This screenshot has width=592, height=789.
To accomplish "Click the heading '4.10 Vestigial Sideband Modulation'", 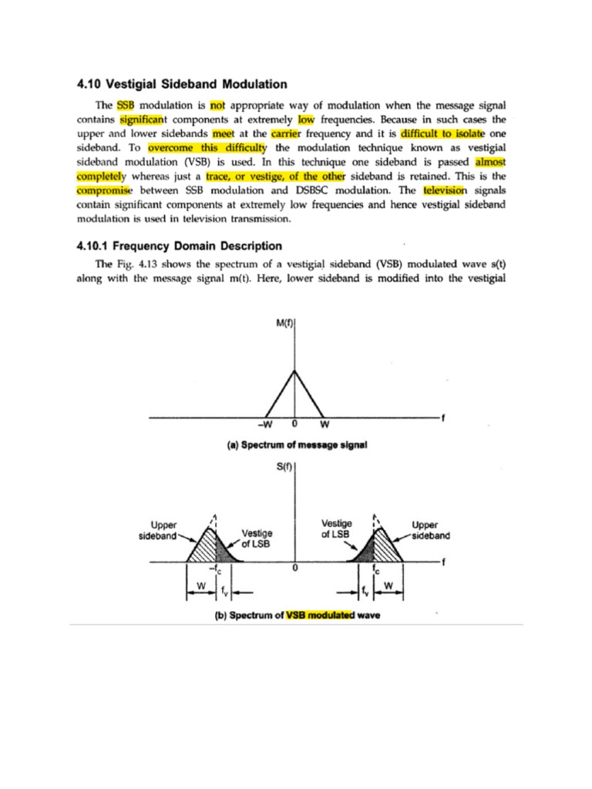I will pos(182,84).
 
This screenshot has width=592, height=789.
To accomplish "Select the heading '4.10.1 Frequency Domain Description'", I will pos(180,247).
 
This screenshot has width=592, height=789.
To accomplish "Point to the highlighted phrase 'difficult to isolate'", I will pos(437,133).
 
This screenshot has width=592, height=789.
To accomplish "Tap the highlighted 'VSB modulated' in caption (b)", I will pos(318,616).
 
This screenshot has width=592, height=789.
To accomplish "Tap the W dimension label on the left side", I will pos(201,587).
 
